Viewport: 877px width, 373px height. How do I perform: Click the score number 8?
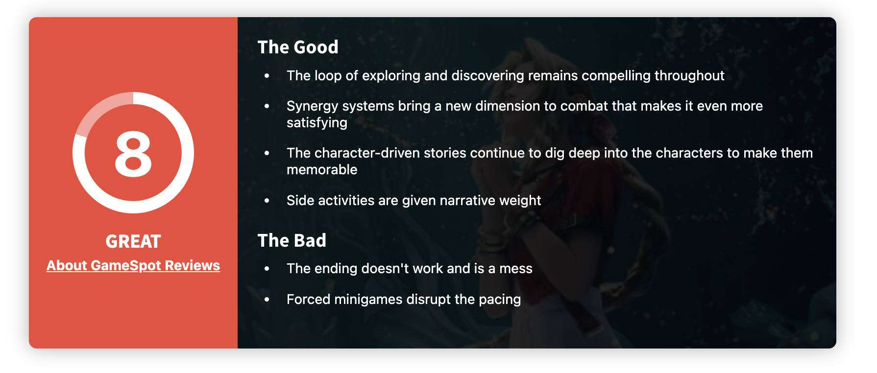[x=133, y=154]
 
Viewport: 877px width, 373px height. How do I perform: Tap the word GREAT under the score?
[x=133, y=241]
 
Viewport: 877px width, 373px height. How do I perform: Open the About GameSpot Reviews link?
[x=133, y=265]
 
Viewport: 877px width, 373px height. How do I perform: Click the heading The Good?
[x=298, y=47]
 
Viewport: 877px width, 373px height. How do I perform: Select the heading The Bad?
[x=292, y=240]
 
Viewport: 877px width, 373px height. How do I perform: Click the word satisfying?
[x=317, y=123]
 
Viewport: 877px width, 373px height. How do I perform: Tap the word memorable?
[x=322, y=169]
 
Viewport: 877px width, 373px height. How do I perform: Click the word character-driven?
[x=367, y=153]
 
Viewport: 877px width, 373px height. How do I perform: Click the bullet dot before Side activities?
[x=267, y=200]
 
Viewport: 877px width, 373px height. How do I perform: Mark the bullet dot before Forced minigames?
[x=267, y=299]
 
